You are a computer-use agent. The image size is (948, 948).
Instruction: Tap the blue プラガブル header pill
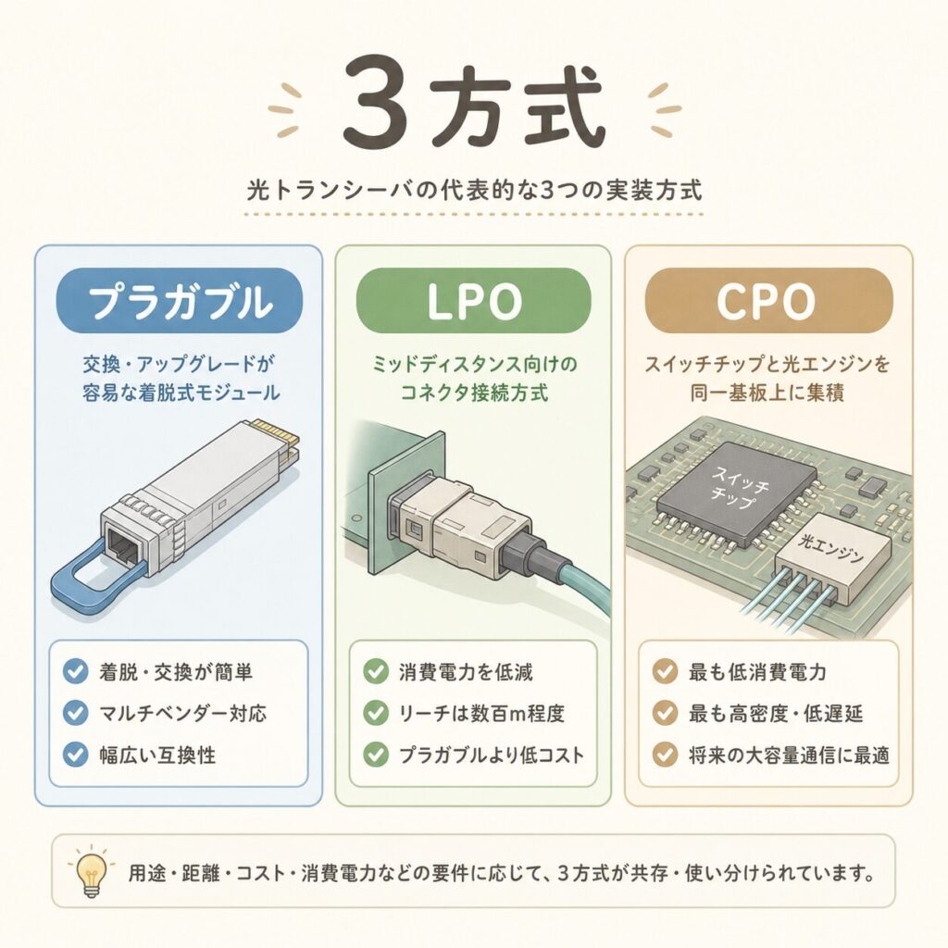point(179,301)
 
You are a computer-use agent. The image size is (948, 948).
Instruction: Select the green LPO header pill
point(473,301)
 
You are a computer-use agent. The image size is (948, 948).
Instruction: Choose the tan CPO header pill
point(768,301)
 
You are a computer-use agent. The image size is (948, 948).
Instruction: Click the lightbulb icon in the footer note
point(91,870)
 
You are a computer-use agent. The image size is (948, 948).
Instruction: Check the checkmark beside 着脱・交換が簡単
point(76,672)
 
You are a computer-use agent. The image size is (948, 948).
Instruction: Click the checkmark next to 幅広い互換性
point(76,755)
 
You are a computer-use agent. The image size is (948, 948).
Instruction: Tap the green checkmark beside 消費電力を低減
point(376,672)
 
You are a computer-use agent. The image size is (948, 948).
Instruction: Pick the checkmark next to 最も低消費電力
point(665,672)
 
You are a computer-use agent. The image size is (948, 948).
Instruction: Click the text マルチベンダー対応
point(182,714)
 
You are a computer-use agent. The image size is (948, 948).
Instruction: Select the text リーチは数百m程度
point(481,714)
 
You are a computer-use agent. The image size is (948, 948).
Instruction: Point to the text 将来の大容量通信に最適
point(789,755)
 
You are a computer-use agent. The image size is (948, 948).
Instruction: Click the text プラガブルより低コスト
point(492,755)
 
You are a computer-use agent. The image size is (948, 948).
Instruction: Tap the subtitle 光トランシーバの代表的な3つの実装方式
point(475,191)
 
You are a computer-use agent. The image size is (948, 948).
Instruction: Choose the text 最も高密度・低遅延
point(776,714)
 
